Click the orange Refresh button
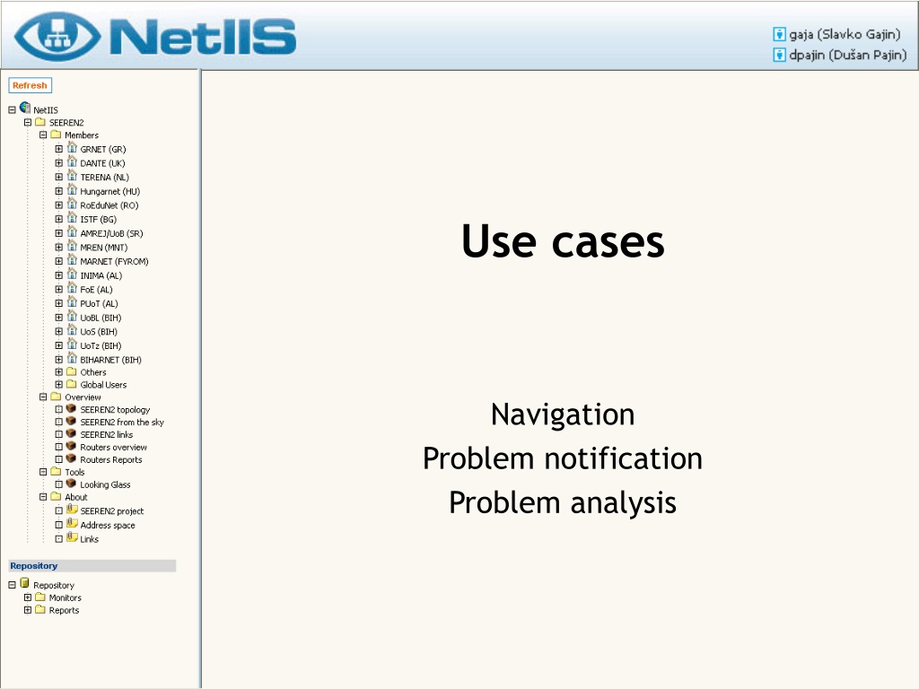coord(30,85)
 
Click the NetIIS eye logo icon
coord(57,36)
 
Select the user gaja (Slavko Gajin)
coord(844,35)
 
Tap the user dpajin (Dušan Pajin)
coord(847,55)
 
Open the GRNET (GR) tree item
coord(103,150)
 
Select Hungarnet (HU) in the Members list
coord(110,192)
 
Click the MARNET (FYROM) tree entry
coord(114,262)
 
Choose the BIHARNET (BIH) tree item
coord(110,361)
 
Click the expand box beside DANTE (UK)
coord(58,163)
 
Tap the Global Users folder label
coord(103,385)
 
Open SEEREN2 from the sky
coord(122,423)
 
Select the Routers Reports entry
coord(110,460)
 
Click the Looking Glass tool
coord(105,485)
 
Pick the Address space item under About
coord(108,526)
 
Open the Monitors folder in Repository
coord(65,598)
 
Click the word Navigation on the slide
coord(563,414)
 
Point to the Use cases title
coord(563,240)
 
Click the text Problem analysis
coord(563,502)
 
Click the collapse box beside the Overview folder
coord(43,397)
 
